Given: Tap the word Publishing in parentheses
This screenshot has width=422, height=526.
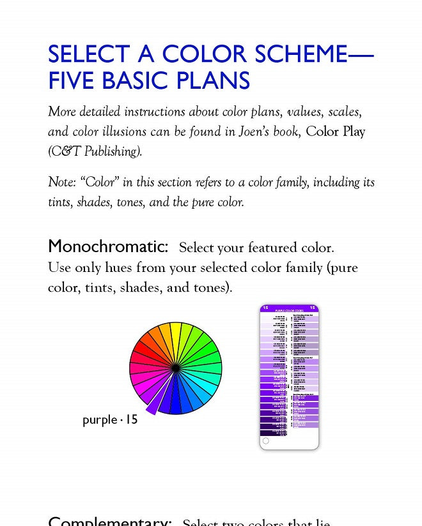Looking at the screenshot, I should [x=109, y=152].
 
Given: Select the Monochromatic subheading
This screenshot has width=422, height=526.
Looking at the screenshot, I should [x=108, y=246].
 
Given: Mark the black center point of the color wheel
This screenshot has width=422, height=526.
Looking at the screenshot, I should [x=175, y=368].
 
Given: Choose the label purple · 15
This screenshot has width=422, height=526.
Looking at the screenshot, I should [x=110, y=420].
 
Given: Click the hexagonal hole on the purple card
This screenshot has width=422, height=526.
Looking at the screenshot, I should [x=266, y=440].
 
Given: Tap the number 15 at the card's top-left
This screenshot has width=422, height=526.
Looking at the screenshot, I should [x=266, y=308].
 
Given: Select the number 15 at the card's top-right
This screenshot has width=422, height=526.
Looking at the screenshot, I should [x=312, y=308].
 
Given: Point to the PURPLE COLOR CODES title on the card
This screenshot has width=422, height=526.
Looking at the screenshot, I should [x=289, y=311].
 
